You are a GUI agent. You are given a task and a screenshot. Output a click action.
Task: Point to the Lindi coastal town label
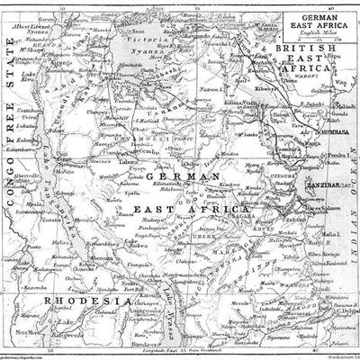coord(318,273)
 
